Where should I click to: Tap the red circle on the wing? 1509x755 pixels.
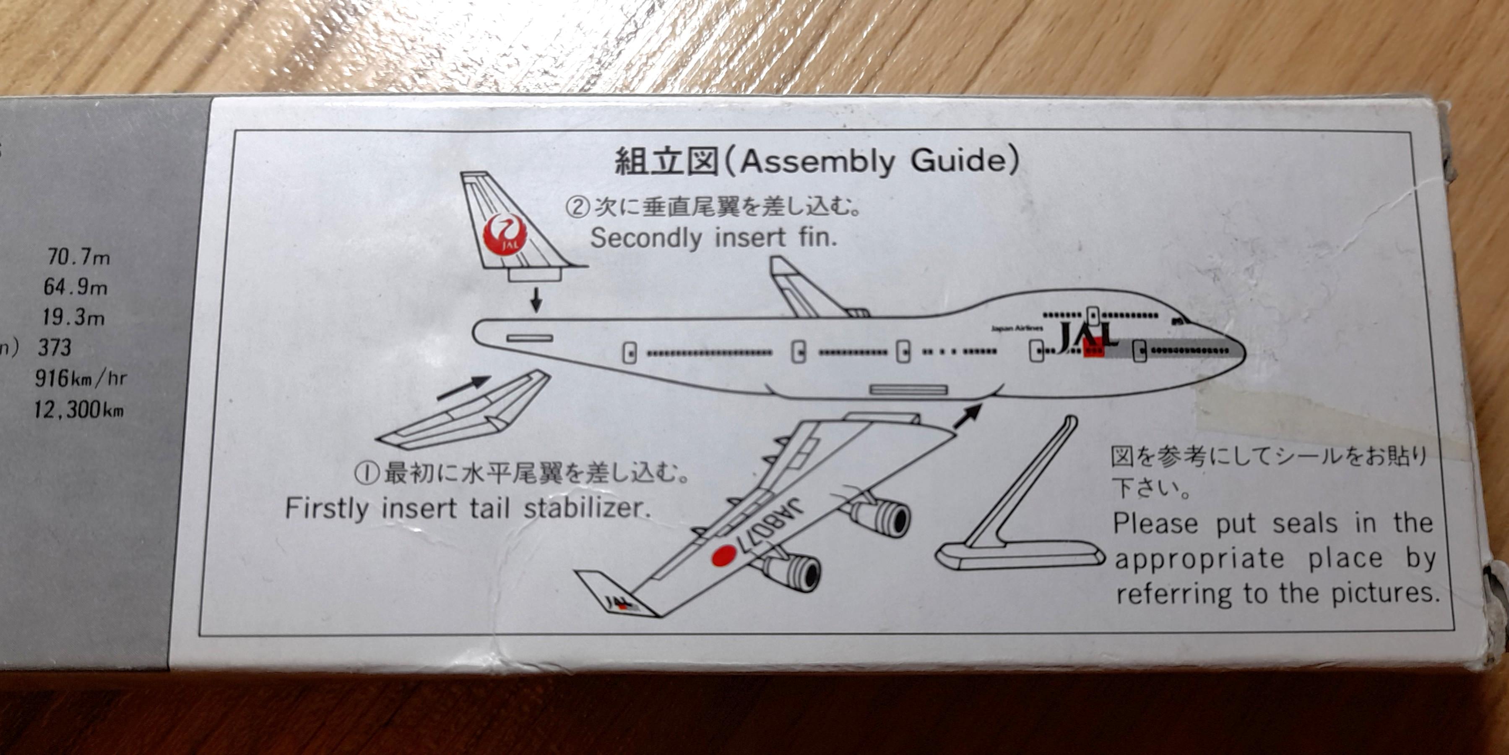click(724, 555)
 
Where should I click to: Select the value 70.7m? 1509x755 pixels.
click(78, 257)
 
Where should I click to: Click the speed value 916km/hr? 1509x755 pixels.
click(80, 378)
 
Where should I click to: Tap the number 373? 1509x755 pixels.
click(55, 347)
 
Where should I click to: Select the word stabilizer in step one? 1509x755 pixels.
click(587, 508)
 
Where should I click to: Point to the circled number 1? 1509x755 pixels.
click(367, 473)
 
